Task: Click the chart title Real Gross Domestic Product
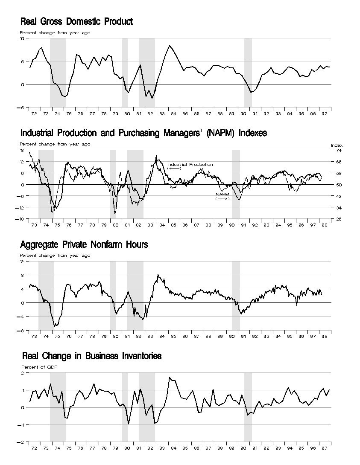click(x=76, y=22)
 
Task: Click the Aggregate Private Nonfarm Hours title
click(x=84, y=244)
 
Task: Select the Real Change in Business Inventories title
click(x=91, y=356)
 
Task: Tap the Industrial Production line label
click(x=190, y=164)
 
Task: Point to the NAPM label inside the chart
click(x=222, y=194)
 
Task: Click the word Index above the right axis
click(x=337, y=145)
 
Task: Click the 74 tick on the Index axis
click(x=339, y=151)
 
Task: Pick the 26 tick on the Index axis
click(x=339, y=219)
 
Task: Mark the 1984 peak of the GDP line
click(x=170, y=46)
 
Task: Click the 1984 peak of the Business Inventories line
click(x=170, y=378)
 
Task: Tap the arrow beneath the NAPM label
click(x=222, y=198)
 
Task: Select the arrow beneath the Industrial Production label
click(x=175, y=168)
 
